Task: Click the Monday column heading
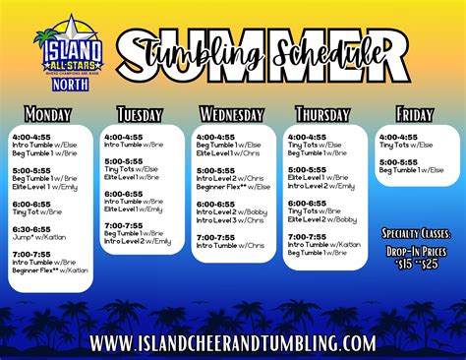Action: pos(48,114)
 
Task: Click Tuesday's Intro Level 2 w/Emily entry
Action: pos(138,241)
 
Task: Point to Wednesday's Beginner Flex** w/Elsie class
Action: pos(234,185)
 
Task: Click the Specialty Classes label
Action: pos(417,235)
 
